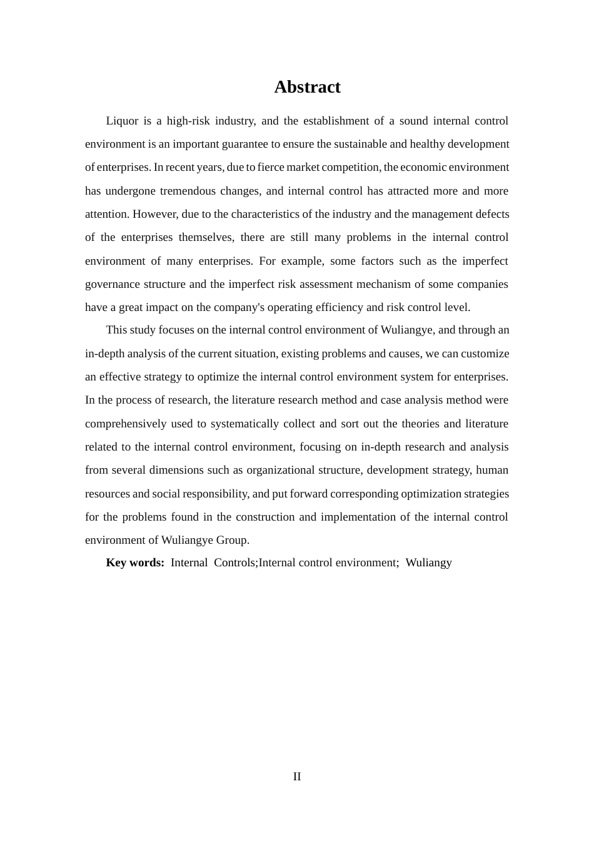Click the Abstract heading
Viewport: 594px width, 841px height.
click(307, 87)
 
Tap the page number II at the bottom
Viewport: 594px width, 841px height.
click(297, 777)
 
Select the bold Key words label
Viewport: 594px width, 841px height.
click(135, 563)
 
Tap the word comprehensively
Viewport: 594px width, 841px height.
click(126, 424)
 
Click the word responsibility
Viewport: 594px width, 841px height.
click(216, 494)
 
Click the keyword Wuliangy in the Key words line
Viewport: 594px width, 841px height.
click(428, 563)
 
